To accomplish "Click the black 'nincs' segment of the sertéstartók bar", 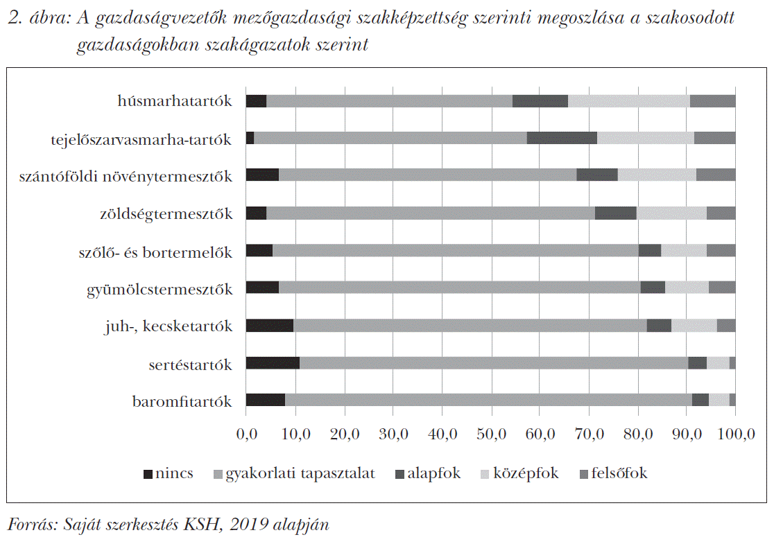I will (x=273, y=363).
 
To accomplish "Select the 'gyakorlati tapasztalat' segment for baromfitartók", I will (x=488, y=400).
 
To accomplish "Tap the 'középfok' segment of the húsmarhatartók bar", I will (x=628, y=101).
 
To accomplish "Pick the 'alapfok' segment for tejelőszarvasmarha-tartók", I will (x=562, y=138).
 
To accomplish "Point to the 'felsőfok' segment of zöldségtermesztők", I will (x=721, y=213).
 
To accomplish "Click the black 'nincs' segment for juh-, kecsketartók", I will (x=270, y=326).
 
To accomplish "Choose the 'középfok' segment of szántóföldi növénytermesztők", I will (x=657, y=175).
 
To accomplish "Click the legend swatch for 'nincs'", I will (x=148, y=475).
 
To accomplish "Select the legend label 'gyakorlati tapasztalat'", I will (x=300, y=474).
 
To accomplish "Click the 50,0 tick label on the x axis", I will (x=491, y=435).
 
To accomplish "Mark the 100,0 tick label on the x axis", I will (x=734, y=435).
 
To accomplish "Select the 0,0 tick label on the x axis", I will (x=247, y=435).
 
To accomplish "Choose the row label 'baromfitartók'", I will (x=182, y=401).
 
